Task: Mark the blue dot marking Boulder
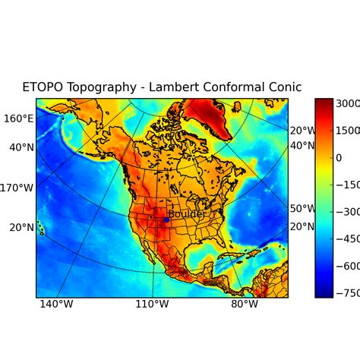pos(166,219)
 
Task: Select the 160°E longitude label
pos(19,118)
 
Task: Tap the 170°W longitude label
pos(17,188)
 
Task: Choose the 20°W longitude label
pos(302,130)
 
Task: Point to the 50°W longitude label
pos(302,208)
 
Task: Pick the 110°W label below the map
pos(152,305)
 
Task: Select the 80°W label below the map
pos(245,305)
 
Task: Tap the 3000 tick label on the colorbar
pos(348,103)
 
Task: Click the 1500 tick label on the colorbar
pos(348,130)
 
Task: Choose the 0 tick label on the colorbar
pos(340,157)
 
